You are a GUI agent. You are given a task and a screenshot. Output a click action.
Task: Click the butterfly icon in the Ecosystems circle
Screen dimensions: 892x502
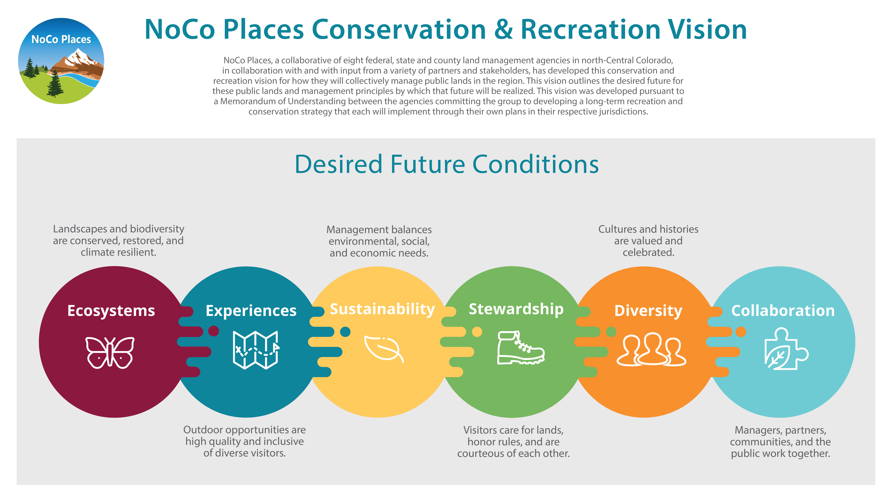(110, 352)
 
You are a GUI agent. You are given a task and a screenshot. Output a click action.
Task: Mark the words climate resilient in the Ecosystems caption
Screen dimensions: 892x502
(118, 252)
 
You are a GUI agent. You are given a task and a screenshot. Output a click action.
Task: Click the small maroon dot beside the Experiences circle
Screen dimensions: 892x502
(214, 331)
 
